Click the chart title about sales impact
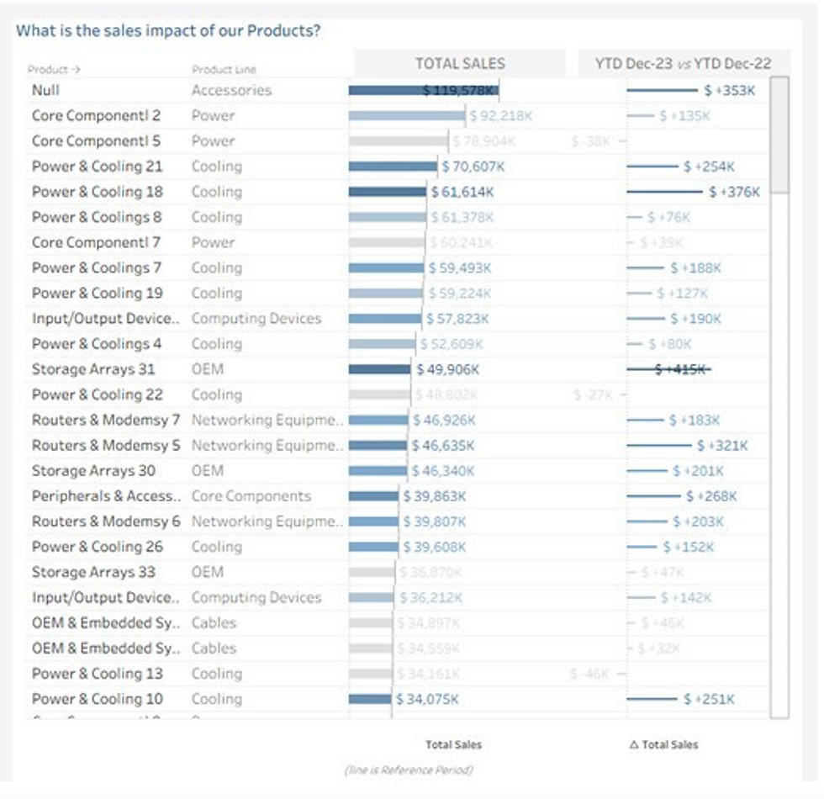point(168,31)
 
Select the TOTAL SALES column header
point(460,63)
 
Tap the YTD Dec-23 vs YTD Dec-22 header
point(682,63)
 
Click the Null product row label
point(45,90)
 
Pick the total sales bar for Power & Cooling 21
point(393,167)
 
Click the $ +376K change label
point(734,192)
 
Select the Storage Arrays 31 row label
point(93,369)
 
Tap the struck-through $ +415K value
point(683,369)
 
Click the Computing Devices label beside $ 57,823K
point(256,319)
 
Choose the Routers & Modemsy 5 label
point(106,445)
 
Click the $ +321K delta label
point(722,445)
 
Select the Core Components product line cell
point(251,496)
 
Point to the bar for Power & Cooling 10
point(370,699)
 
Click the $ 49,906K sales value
point(448,369)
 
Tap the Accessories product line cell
point(231,90)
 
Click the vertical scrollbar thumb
point(779,135)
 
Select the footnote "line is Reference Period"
point(408,770)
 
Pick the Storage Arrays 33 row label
point(93,572)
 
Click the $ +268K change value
point(711,496)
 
